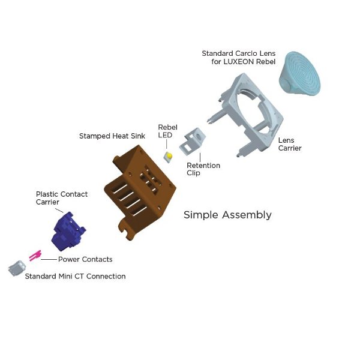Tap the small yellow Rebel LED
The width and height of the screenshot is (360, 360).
click(169, 157)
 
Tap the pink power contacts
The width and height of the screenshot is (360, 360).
click(35, 256)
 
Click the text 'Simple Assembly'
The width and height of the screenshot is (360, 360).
click(227, 215)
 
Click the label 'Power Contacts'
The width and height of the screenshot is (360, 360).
click(85, 260)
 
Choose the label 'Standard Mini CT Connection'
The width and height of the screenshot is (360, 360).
click(75, 277)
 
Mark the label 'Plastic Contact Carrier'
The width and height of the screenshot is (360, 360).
click(61, 198)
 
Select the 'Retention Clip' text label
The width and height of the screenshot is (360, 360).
click(203, 169)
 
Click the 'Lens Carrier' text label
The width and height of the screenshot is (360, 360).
click(290, 144)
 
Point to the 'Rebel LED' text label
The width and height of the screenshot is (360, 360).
click(165, 131)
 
